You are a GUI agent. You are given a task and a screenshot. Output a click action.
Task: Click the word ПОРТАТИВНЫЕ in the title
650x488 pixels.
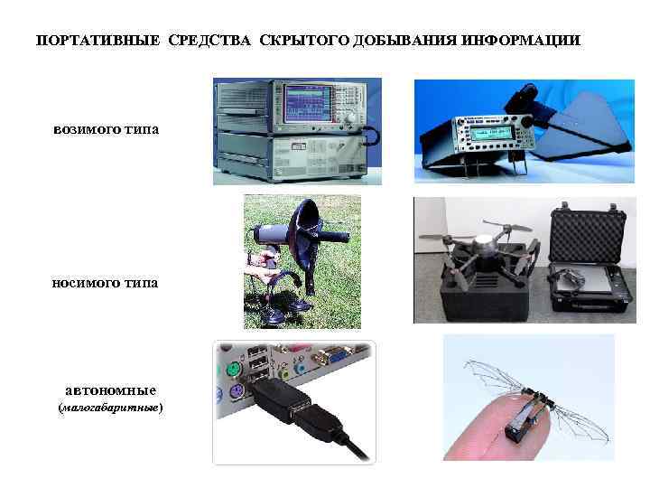(98, 41)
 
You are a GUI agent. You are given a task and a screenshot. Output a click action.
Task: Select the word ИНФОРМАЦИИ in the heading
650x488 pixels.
(521, 41)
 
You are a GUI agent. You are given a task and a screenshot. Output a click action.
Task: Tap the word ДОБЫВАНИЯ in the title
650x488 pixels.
(405, 41)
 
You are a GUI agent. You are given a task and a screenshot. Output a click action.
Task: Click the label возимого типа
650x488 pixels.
(107, 129)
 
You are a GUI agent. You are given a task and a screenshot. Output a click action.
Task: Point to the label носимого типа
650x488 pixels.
(105, 283)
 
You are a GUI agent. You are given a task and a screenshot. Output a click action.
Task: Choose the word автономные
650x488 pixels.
(111, 390)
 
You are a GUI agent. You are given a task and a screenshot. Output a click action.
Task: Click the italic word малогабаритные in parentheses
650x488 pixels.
(110, 408)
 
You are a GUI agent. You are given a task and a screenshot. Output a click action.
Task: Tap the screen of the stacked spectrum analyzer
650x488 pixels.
(307, 104)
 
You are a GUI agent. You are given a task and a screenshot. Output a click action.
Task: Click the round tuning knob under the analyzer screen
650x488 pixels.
(351, 117)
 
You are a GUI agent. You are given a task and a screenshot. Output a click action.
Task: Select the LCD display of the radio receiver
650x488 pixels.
(490, 132)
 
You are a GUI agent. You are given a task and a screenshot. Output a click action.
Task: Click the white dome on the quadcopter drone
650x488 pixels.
(485, 240)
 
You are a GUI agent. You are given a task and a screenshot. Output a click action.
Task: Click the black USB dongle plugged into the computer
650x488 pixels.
(279, 399)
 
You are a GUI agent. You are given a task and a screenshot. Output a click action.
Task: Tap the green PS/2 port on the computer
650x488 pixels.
(234, 370)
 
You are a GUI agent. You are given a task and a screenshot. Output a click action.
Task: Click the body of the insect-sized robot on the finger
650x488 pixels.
(525, 415)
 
